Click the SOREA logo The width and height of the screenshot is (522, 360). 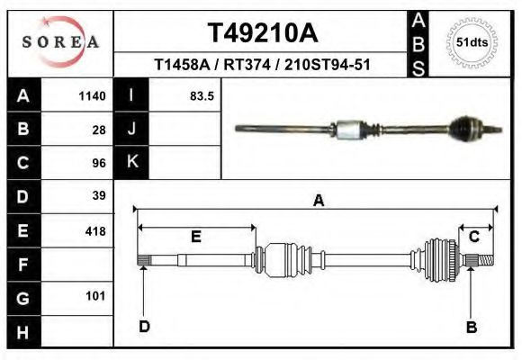click(x=60, y=42)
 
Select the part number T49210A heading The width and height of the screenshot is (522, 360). click(x=263, y=33)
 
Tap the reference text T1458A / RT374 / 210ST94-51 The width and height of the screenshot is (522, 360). click(x=263, y=65)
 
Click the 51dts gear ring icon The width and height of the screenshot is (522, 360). click(x=472, y=42)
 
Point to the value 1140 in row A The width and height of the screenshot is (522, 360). click(x=93, y=96)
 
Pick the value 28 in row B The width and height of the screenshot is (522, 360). click(x=99, y=130)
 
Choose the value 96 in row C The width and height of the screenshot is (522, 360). click(x=99, y=164)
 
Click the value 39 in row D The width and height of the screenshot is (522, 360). click(x=99, y=195)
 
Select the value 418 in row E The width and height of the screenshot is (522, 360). click(x=95, y=231)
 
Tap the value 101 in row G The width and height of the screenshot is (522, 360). click(x=95, y=296)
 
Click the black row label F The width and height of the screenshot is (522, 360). click(x=22, y=265)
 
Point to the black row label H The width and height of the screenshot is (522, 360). click(x=22, y=332)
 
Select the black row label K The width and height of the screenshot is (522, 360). click(x=132, y=162)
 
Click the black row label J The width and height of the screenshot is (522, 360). click(x=132, y=129)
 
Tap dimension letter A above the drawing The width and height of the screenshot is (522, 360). click(x=318, y=202)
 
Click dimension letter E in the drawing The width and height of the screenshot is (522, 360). click(x=195, y=238)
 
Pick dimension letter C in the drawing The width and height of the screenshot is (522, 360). click(x=473, y=237)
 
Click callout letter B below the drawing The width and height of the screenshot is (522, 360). click(x=471, y=328)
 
